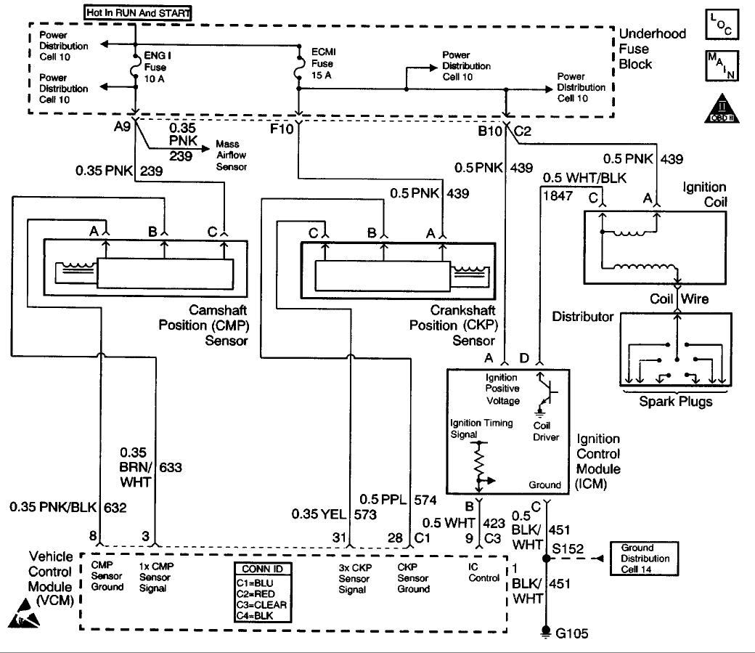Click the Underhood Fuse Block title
click(636, 49)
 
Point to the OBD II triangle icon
click(719, 108)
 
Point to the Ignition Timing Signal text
click(482, 429)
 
